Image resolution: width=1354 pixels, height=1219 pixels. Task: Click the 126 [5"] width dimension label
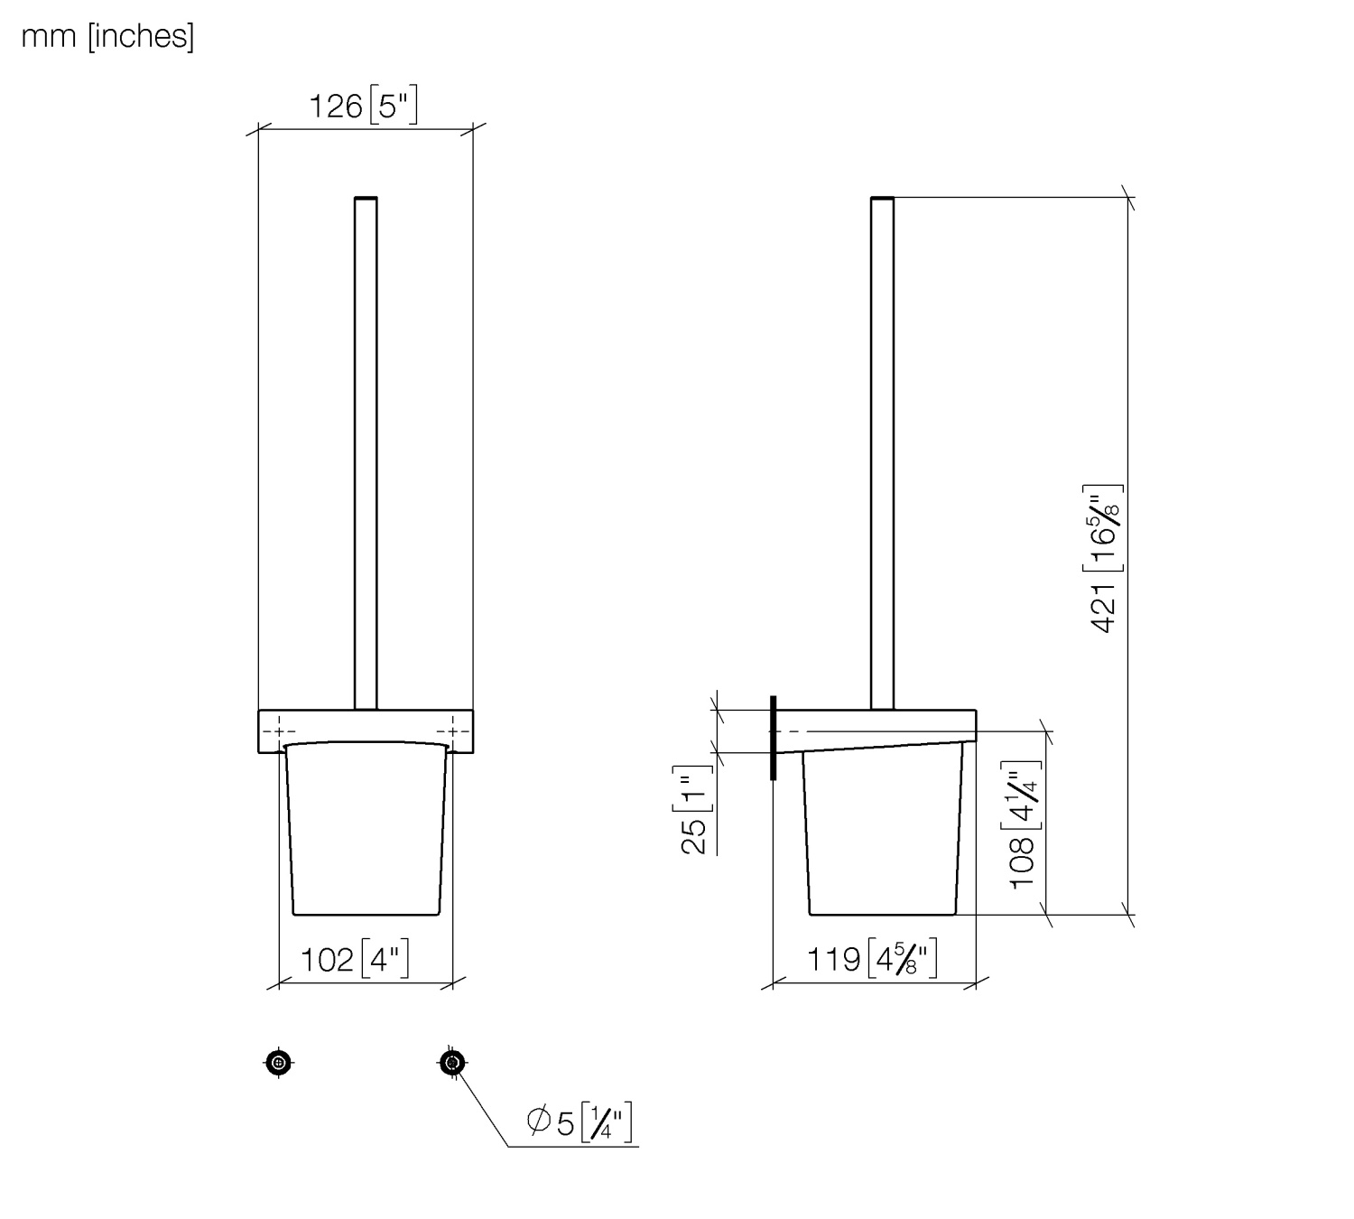pyautogui.click(x=363, y=105)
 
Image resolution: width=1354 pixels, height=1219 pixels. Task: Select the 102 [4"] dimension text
pyautogui.click(x=355, y=959)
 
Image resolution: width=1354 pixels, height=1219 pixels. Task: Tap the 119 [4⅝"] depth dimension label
pyautogui.click(x=872, y=958)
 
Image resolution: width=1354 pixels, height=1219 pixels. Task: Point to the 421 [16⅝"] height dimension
pyautogui.click(x=1104, y=559)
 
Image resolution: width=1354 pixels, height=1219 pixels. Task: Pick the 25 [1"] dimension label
pyautogui.click(x=694, y=811)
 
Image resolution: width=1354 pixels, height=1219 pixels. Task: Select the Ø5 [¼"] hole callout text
pyautogui.click(x=580, y=1122)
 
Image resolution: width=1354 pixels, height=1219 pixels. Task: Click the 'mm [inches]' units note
pyautogui.click(x=108, y=36)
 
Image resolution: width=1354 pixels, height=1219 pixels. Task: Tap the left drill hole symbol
pyautogui.click(x=278, y=1063)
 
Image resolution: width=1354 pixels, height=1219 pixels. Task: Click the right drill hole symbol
pyautogui.click(x=452, y=1063)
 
